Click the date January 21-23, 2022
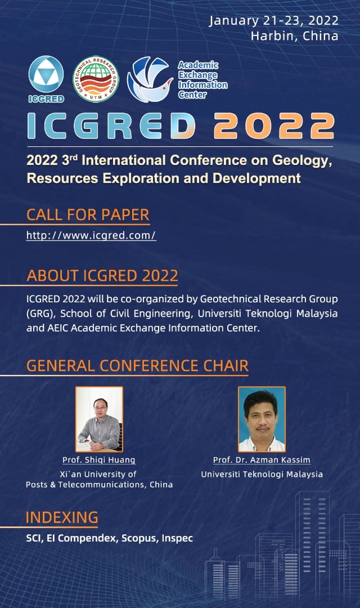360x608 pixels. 273,21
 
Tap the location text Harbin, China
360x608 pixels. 295,36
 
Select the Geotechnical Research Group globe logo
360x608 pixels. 96,79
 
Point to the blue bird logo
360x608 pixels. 150,79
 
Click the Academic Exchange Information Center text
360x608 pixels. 202,80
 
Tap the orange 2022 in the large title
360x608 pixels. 274,126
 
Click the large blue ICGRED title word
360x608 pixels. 111,126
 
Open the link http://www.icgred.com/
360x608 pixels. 91,235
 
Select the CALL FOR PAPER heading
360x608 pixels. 88,215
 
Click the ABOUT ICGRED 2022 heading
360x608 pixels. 102,276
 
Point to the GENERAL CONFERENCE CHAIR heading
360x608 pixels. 137,366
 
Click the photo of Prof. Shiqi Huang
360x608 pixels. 99,419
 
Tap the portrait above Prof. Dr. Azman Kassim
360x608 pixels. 262,419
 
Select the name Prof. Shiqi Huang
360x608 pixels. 99,460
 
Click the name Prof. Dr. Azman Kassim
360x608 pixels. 262,460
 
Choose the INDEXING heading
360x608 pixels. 62,518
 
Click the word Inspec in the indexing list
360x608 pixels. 177,539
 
